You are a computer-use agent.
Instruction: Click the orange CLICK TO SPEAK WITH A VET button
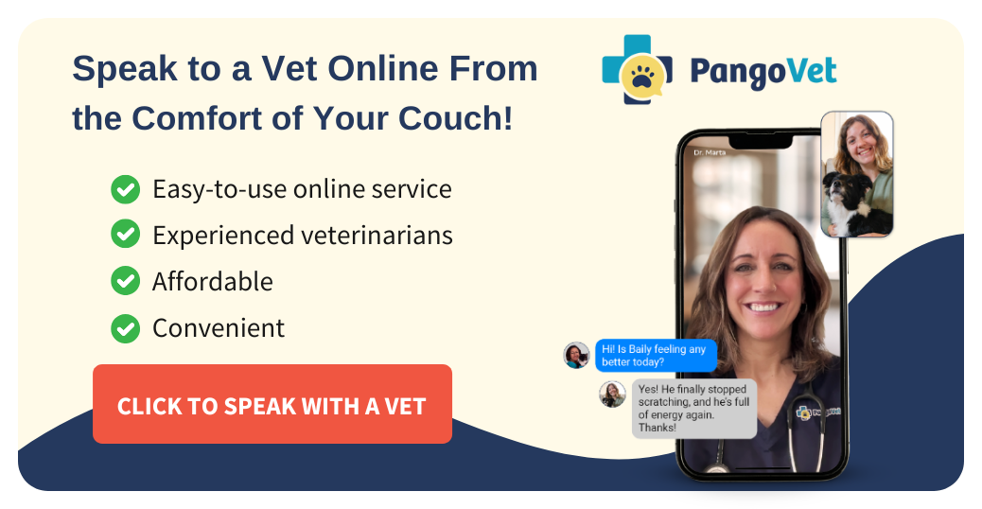pyautogui.click(x=272, y=405)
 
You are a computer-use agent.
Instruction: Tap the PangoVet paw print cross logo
pyautogui.click(x=637, y=69)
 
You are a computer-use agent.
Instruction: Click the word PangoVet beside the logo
pyautogui.click(x=763, y=72)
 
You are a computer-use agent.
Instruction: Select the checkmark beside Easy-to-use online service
pyautogui.click(x=125, y=189)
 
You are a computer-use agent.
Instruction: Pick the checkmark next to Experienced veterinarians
pyautogui.click(x=125, y=235)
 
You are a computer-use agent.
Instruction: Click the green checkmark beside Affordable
pyautogui.click(x=125, y=281)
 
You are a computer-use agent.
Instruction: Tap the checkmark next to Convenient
pyautogui.click(x=125, y=327)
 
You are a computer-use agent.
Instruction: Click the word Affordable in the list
pyautogui.click(x=212, y=281)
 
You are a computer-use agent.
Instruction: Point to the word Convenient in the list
pyautogui.click(x=218, y=327)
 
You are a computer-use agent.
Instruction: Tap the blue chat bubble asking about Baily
pyautogui.click(x=655, y=356)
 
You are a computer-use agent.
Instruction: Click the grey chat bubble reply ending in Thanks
pyautogui.click(x=693, y=409)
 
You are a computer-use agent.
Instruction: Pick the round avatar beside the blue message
pyautogui.click(x=576, y=355)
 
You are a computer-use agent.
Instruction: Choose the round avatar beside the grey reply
pyautogui.click(x=612, y=394)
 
